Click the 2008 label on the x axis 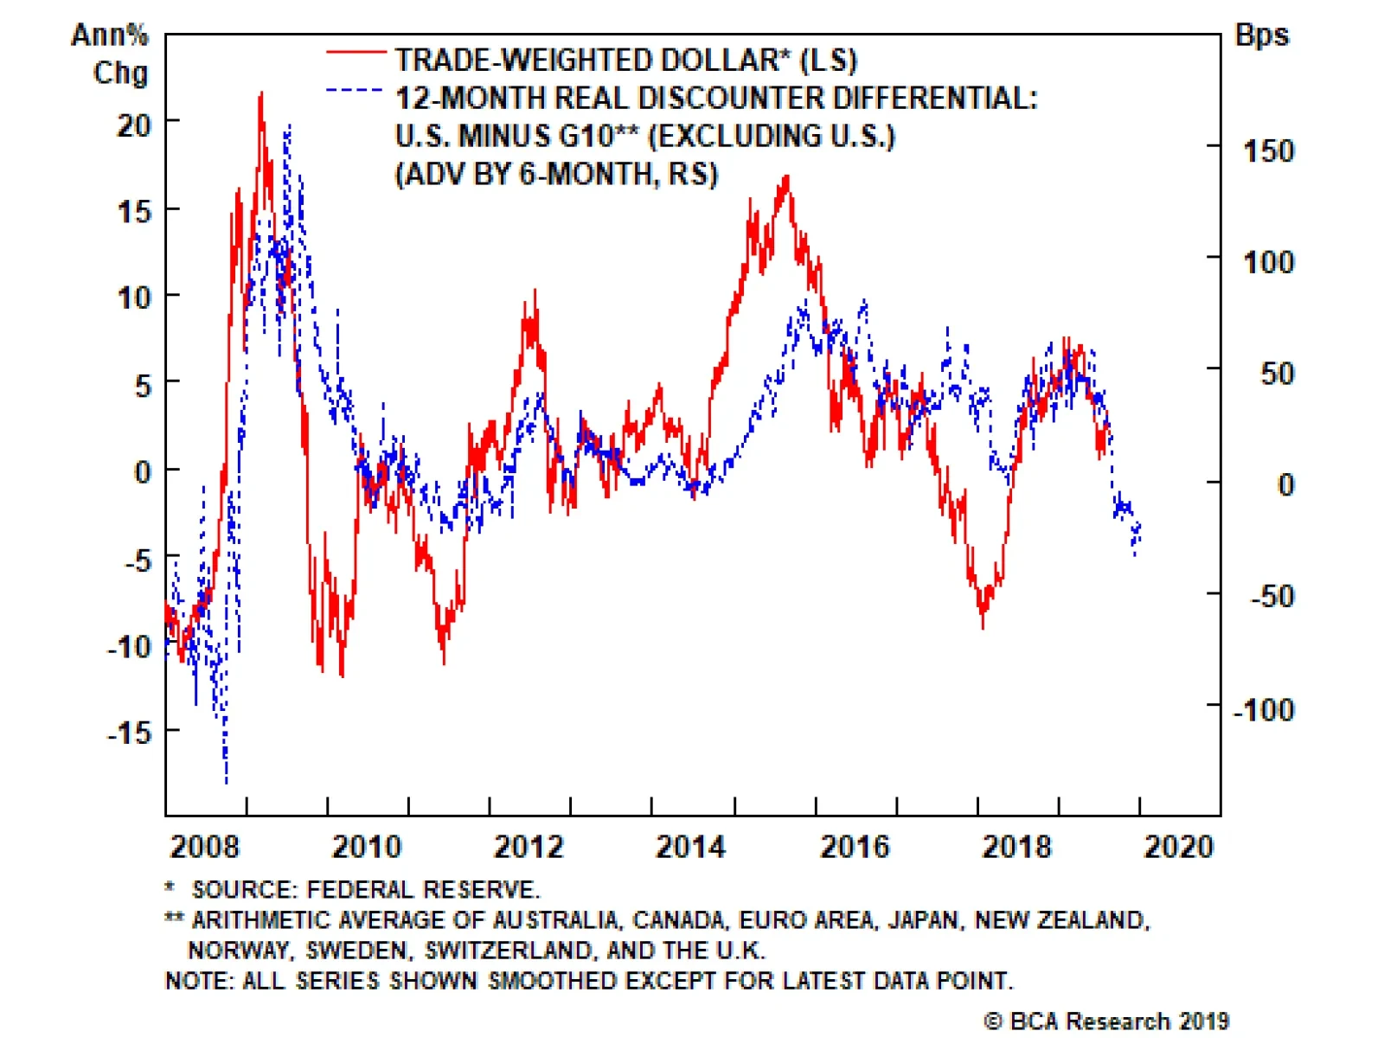coord(204,846)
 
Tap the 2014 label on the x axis coord(690,846)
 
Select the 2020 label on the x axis coord(1179,846)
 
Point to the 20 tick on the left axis coord(134,125)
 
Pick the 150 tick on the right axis coord(1268,151)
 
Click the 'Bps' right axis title coord(1261,35)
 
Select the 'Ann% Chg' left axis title coord(111,54)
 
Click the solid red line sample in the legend coord(356,54)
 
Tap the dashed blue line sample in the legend coord(356,90)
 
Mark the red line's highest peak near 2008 coord(261,94)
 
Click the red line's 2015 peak coord(786,177)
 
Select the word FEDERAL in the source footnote coord(361,889)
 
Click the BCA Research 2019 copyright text coord(1106,1021)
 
